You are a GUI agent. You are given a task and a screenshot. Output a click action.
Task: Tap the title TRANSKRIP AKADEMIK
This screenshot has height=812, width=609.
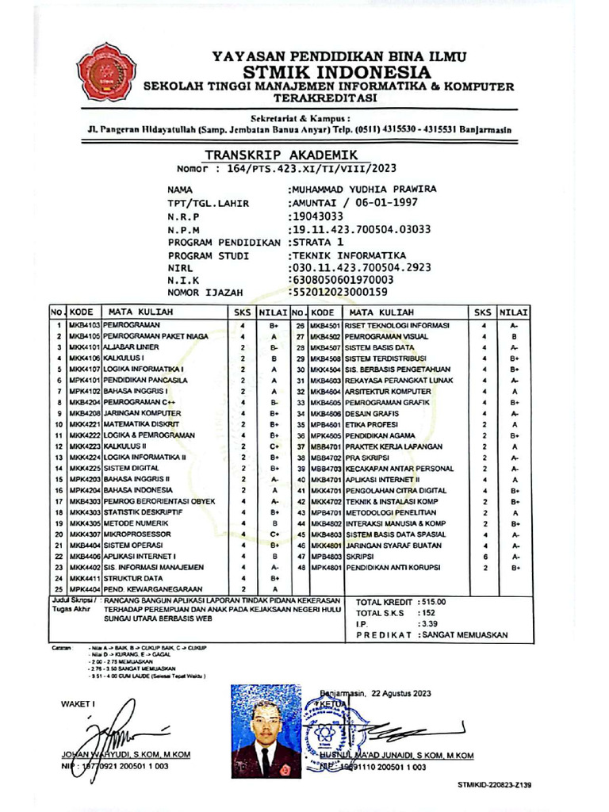pyautogui.click(x=282, y=155)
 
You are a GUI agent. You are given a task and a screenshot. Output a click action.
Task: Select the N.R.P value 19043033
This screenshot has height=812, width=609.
pyautogui.click(x=318, y=216)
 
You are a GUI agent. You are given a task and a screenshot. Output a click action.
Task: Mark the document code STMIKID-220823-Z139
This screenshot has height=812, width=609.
pyautogui.click(x=494, y=784)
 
